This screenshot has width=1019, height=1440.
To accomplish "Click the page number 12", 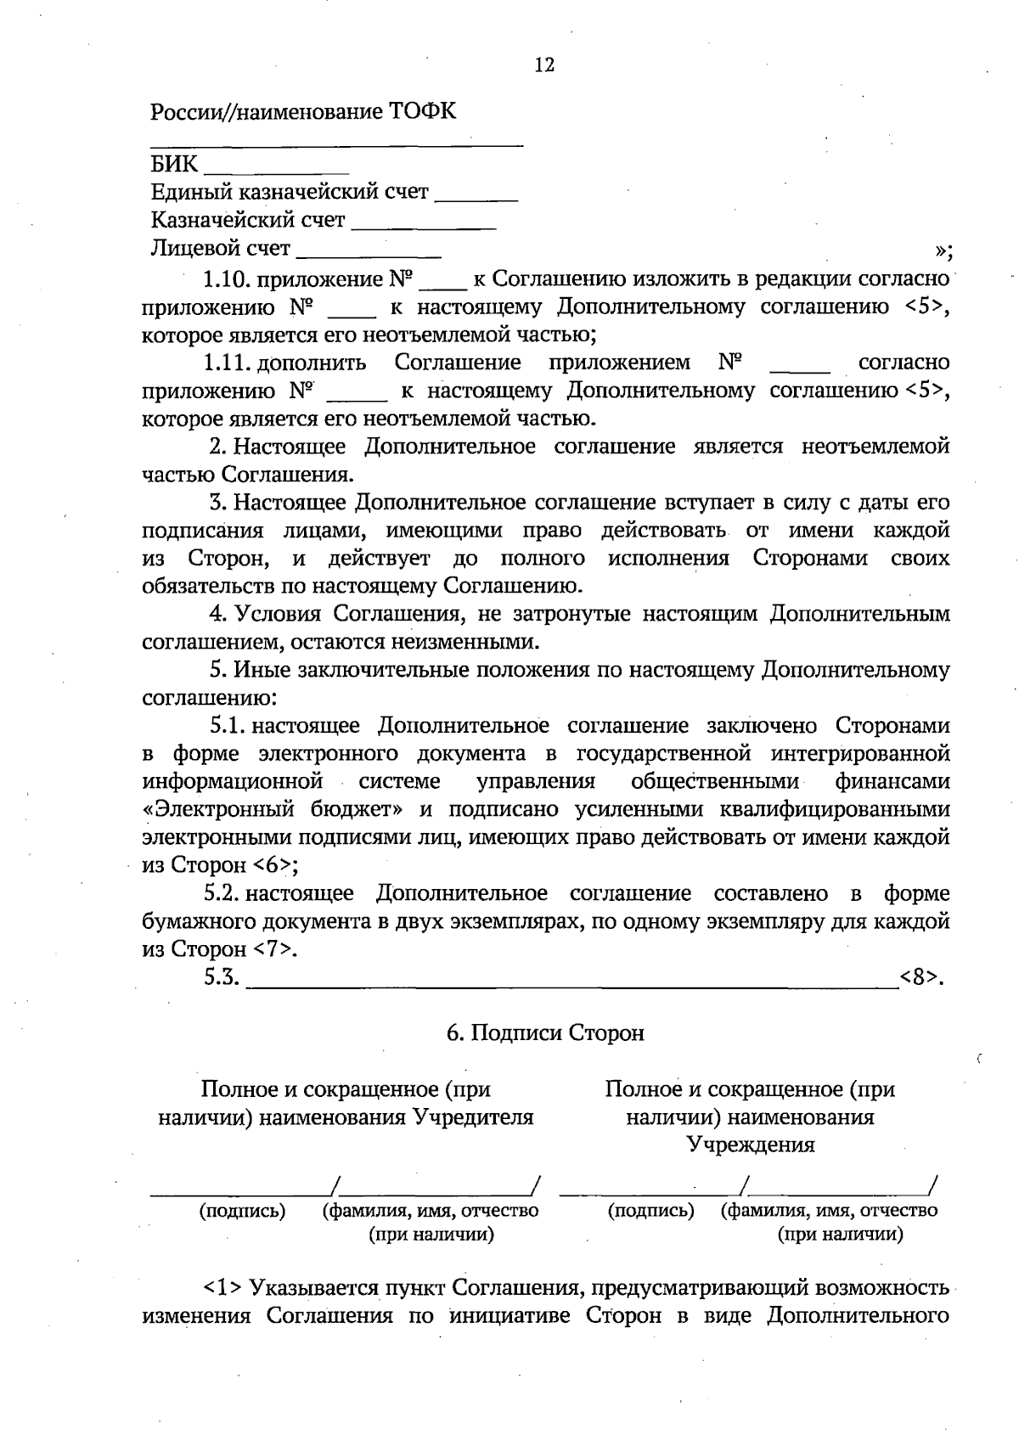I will (544, 65).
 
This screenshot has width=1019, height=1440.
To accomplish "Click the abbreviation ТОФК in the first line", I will (422, 111).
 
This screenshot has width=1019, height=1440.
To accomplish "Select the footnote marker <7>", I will (274, 949).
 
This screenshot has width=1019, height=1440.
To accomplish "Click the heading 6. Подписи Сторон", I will (545, 1033).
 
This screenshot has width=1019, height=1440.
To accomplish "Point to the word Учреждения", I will (751, 1145).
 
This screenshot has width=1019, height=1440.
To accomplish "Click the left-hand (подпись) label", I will (242, 1211).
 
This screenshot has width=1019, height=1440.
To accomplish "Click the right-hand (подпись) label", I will (651, 1211).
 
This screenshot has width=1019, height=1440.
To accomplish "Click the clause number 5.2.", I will (223, 893).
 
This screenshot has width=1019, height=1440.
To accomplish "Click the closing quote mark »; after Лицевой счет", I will (943, 251).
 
